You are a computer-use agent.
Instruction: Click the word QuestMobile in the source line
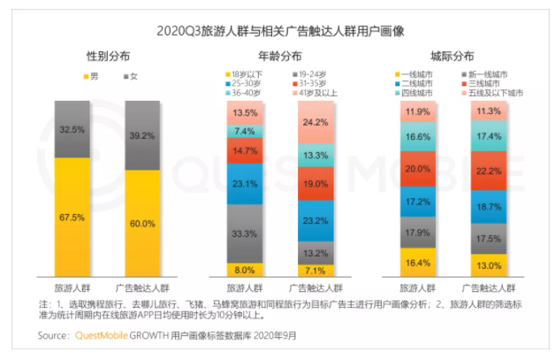coord(100,336)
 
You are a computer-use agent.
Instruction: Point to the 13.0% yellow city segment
coord(488,265)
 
